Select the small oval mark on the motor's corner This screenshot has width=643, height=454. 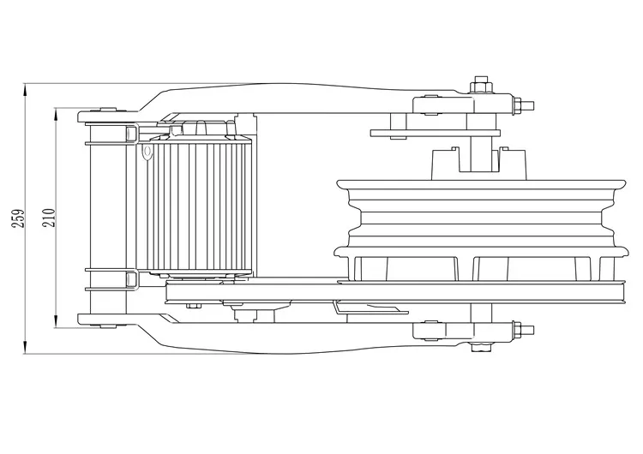[147, 153]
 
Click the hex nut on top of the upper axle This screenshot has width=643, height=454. [480, 86]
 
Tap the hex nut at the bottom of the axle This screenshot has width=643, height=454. [480, 347]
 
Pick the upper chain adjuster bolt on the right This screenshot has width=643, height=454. [521, 106]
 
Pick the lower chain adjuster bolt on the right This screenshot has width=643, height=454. [521, 329]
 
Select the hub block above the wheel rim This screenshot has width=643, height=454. [477, 162]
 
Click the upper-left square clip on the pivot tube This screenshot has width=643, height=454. [130, 134]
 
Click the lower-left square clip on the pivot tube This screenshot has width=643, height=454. [130, 279]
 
